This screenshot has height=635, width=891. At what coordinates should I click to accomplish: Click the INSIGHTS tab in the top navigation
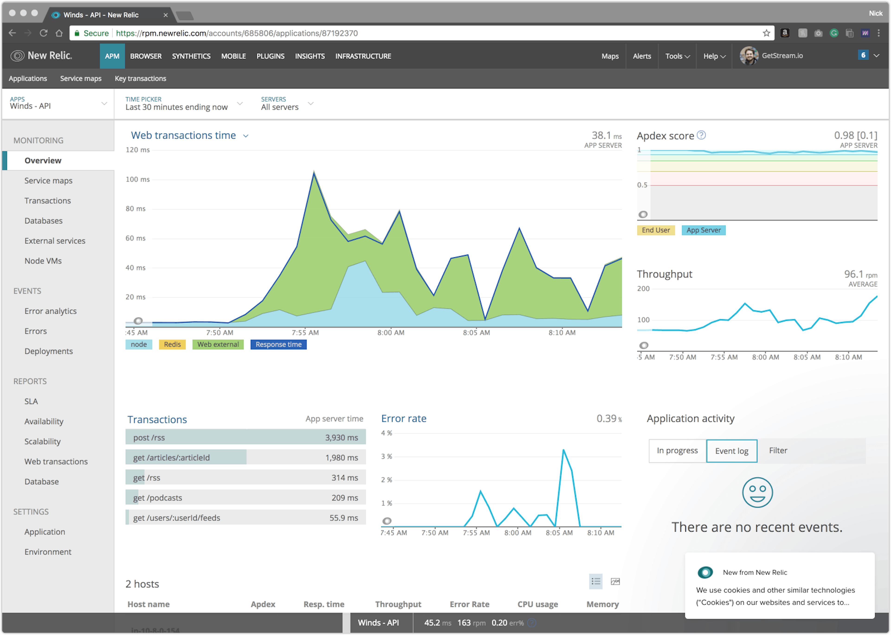(x=310, y=56)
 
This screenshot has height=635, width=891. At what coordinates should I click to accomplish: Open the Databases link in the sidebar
(x=43, y=220)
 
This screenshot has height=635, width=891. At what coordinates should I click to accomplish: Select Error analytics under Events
(x=51, y=311)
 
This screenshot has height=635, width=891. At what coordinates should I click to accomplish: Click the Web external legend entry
(x=218, y=344)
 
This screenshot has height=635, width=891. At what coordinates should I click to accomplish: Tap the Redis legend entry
(x=172, y=344)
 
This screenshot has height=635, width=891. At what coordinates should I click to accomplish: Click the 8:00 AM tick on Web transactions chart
(x=391, y=332)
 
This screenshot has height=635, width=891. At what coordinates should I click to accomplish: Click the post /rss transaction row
(x=245, y=437)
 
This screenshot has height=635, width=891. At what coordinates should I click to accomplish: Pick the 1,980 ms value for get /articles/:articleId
(x=341, y=457)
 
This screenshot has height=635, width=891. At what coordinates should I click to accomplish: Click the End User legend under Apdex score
(x=655, y=230)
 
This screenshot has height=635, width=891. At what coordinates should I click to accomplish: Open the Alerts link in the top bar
(x=642, y=56)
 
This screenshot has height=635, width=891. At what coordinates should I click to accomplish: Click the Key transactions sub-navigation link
(x=140, y=78)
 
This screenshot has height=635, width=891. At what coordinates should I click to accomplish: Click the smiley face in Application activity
(x=757, y=492)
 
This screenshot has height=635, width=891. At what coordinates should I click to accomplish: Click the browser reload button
(x=43, y=33)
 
